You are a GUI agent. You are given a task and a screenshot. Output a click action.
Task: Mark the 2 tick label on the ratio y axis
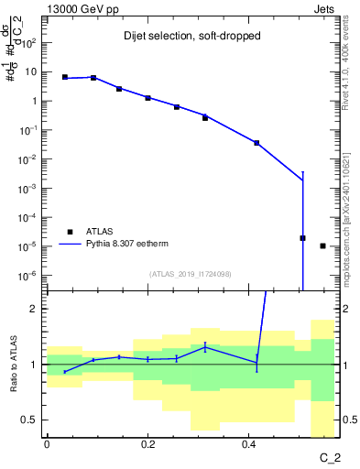click(34, 309)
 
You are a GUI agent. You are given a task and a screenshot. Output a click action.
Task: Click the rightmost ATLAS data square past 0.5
click(322, 245)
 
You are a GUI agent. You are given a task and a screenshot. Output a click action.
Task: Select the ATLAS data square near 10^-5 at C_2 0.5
click(302, 238)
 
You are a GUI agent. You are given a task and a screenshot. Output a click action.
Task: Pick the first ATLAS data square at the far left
click(65, 78)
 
